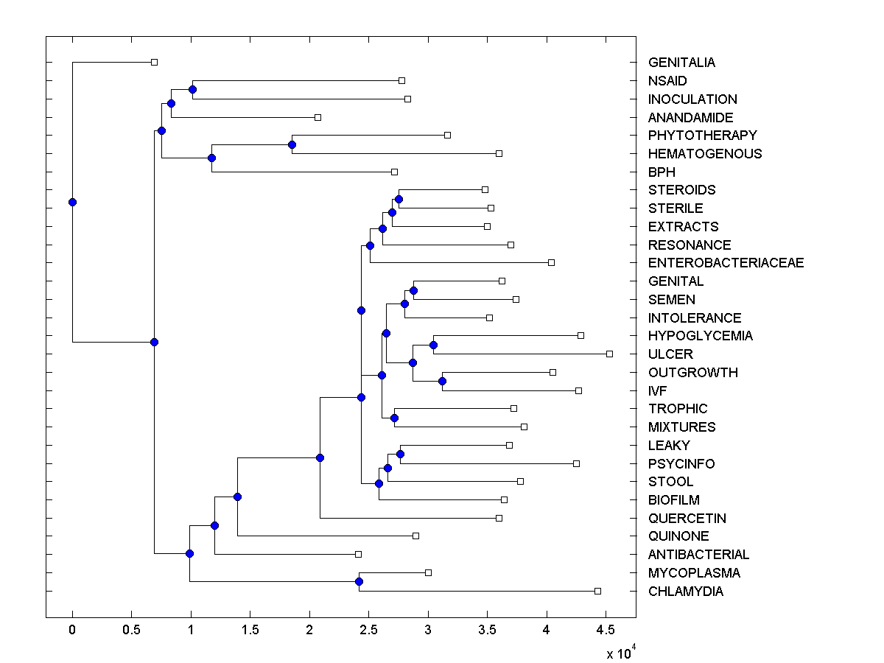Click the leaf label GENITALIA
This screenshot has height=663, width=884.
point(681,63)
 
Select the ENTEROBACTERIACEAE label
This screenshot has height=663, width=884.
point(726,263)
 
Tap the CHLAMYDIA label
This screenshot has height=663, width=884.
point(685,592)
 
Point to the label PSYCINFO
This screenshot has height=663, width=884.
point(681,464)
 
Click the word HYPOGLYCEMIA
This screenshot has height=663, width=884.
point(700,336)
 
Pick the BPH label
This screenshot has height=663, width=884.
point(661,172)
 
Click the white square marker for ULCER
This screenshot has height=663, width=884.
point(609,354)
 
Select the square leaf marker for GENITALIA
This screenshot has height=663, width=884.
point(154,62)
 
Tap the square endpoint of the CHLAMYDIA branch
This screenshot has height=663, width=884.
point(597,591)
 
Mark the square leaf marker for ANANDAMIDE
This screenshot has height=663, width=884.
point(318,117)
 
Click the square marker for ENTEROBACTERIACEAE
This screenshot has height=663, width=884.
point(551,262)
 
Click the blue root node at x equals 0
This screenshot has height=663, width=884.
point(72,202)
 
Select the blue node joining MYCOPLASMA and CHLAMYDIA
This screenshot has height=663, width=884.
point(359,582)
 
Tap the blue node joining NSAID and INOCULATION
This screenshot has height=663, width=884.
point(192,89)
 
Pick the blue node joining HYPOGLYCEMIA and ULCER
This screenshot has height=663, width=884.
point(433,345)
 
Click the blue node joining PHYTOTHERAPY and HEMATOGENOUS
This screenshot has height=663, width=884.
point(292,144)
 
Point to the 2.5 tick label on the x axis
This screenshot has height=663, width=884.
point(368,631)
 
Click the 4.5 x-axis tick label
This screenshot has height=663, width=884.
point(606,631)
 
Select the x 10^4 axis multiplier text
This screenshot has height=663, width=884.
point(620,653)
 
